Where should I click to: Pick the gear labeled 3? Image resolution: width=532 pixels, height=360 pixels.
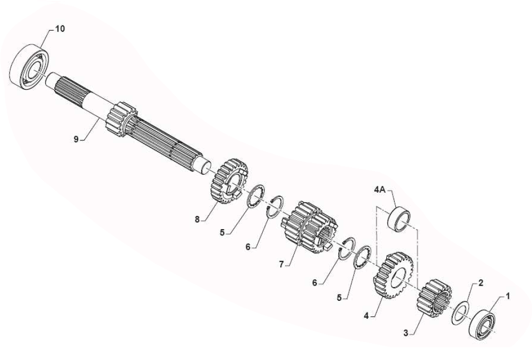[434, 298]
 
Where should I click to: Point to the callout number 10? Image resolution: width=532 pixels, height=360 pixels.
[60, 29]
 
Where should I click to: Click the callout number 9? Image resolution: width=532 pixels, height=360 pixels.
[76, 139]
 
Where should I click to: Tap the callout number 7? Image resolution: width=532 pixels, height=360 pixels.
[281, 264]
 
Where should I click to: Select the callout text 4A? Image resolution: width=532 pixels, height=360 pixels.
[379, 190]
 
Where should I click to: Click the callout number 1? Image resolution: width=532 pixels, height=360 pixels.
[508, 296]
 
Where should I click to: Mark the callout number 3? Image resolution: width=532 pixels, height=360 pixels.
[406, 333]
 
